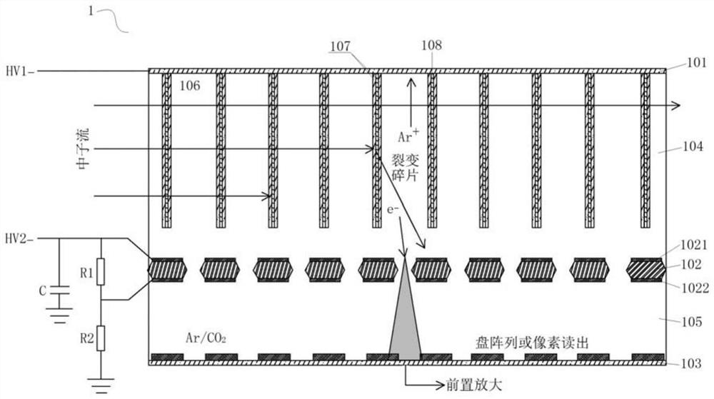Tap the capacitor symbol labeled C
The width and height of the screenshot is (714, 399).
[x=60, y=292]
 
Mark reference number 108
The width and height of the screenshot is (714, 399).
[x=432, y=46]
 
